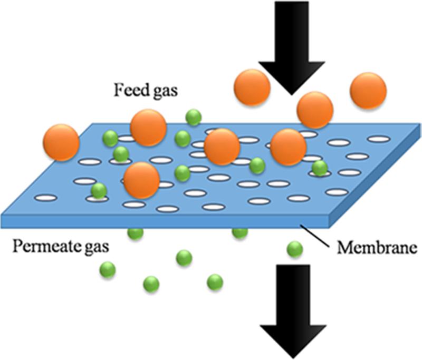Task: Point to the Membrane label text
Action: (377, 247)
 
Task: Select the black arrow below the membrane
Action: (293, 312)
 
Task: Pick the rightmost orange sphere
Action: (368, 91)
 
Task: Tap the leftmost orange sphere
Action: (61, 142)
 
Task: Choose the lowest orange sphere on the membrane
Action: (142, 180)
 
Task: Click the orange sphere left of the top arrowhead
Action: (252, 87)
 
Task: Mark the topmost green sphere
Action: (194, 117)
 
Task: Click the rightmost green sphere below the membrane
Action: (295, 249)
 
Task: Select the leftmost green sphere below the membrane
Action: (108, 270)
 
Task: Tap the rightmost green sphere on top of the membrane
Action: (320, 168)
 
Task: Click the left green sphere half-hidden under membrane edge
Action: (135, 233)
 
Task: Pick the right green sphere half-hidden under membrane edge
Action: (240, 233)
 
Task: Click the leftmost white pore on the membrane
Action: (46, 198)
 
